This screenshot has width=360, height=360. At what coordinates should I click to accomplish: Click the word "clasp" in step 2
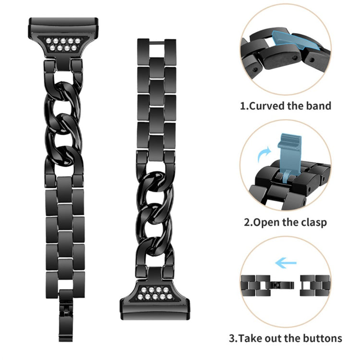click(314, 222)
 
